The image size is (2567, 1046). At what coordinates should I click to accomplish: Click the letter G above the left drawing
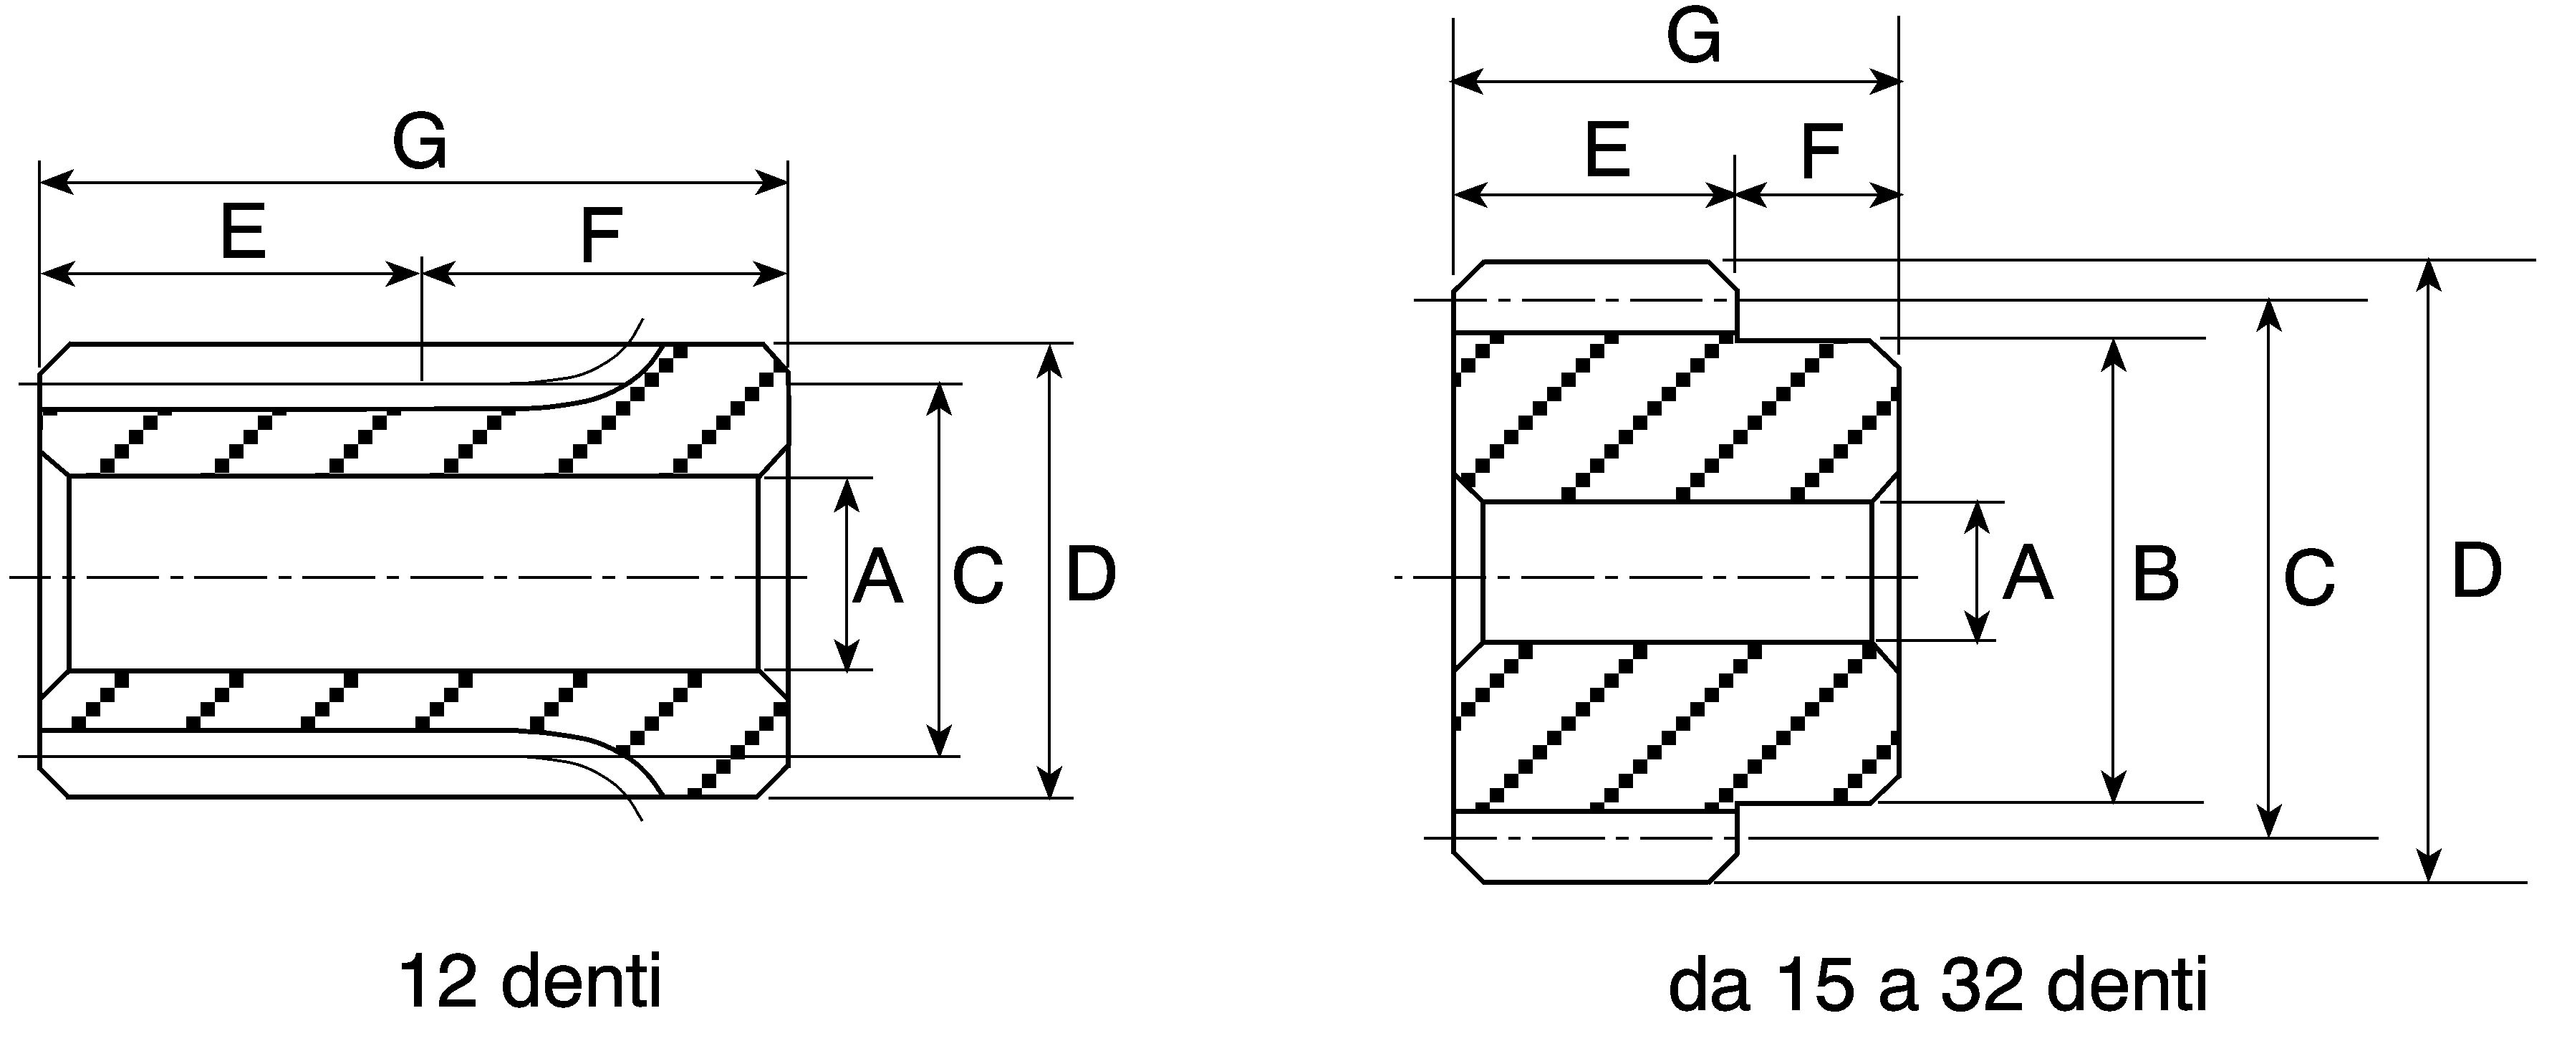click(x=420, y=142)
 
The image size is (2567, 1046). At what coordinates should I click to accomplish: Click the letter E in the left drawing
click(x=243, y=231)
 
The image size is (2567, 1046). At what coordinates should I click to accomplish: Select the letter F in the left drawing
click(x=601, y=236)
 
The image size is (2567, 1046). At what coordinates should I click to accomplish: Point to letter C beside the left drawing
click(x=978, y=577)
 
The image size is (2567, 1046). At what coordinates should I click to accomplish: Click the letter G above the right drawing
click(x=1694, y=38)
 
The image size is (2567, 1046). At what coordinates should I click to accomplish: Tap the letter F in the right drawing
click(x=1821, y=152)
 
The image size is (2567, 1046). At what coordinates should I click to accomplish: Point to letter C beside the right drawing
click(x=2309, y=578)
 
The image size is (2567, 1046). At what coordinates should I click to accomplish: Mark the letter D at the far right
click(x=2475, y=572)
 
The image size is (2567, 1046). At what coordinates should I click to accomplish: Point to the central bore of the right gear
click(x=1677, y=572)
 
